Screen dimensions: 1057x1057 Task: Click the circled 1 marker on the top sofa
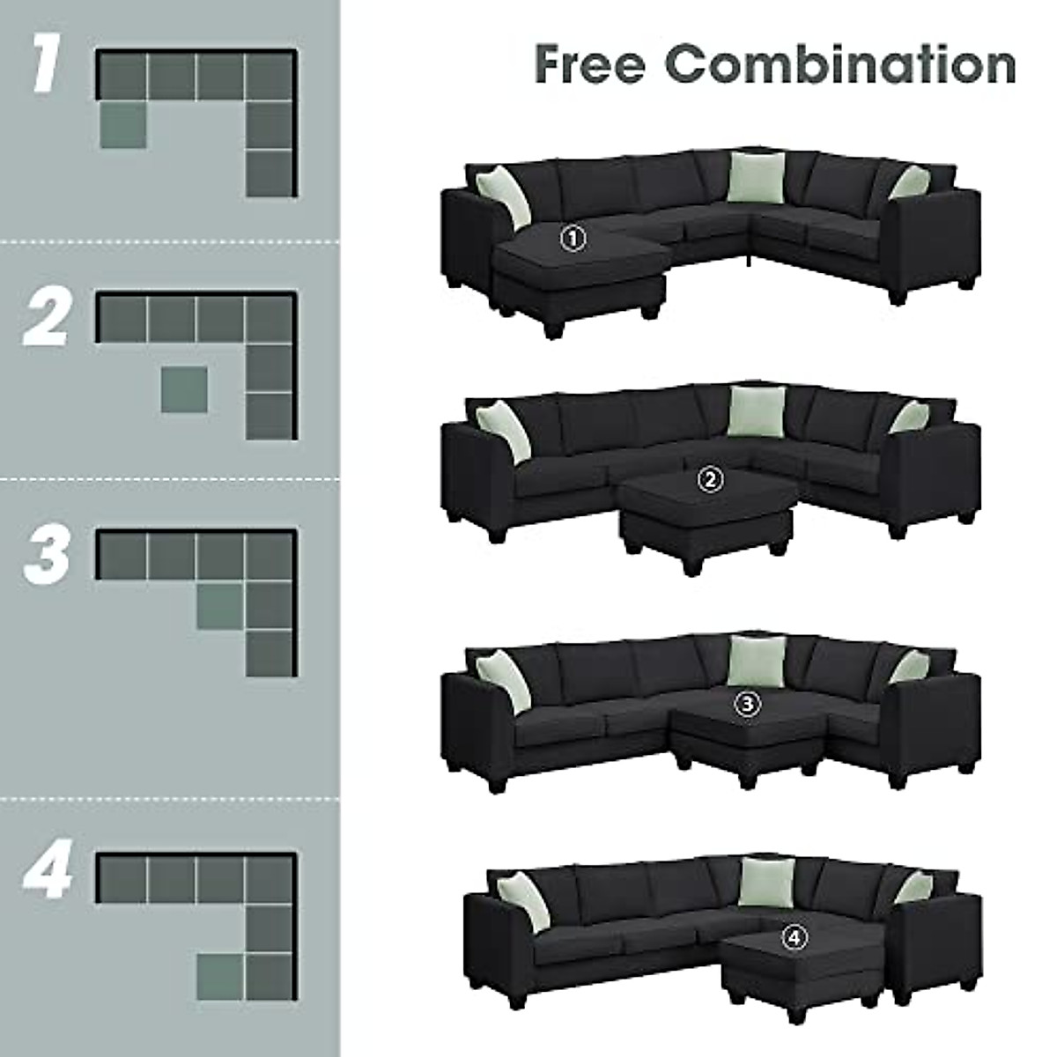click(x=573, y=237)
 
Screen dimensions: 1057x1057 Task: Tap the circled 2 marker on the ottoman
click(x=710, y=480)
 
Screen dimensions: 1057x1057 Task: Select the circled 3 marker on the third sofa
click(x=747, y=703)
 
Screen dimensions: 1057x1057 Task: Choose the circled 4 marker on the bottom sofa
click(x=794, y=939)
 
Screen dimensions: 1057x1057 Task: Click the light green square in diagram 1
click(x=122, y=125)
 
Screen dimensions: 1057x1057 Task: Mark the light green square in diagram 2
click(x=185, y=389)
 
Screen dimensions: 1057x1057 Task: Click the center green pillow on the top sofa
click(x=755, y=177)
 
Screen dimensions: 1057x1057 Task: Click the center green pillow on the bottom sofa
click(x=760, y=883)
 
